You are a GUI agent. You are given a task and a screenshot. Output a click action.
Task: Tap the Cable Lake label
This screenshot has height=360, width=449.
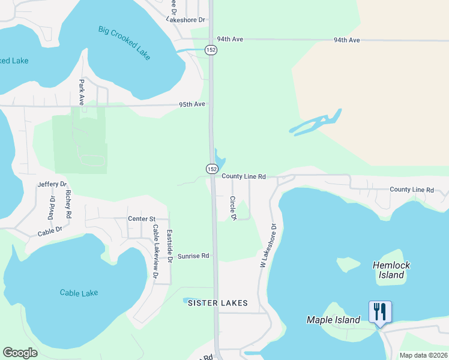[79, 293]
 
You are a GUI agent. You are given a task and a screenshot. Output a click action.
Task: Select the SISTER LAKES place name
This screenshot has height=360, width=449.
[218, 303]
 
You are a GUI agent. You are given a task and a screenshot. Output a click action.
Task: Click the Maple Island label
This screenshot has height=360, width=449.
[333, 320]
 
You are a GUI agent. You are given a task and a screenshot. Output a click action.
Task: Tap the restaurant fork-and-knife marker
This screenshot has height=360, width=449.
[380, 312]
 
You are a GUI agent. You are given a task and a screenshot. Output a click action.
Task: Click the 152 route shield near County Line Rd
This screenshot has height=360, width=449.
[212, 170]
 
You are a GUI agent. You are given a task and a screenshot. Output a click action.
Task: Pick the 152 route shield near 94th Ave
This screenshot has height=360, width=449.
[210, 50]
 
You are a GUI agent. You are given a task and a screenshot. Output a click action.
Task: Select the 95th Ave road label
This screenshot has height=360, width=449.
[192, 104]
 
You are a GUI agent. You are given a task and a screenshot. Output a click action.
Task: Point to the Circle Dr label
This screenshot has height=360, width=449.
[232, 207]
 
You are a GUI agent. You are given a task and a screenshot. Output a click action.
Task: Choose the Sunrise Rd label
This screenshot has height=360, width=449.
[193, 256]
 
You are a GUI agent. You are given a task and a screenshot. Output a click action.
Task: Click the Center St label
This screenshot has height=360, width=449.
[142, 219]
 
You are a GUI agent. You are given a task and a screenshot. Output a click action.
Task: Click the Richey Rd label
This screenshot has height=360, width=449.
[69, 203]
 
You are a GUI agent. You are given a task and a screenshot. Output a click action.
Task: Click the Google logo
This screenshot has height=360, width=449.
[20, 353]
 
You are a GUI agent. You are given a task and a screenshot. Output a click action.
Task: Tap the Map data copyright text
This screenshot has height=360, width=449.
[423, 355]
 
